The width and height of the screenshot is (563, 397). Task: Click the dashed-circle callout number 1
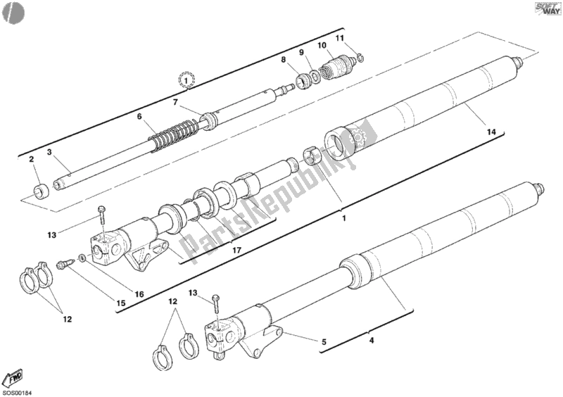pos(186,80)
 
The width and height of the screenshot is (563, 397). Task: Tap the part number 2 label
pos(31,159)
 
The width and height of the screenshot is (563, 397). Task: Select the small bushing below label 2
pos(41,191)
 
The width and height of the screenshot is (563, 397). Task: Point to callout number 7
pos(175,102)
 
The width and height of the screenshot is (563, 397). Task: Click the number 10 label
pos(322,45)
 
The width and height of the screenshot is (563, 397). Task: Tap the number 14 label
pos(491,132)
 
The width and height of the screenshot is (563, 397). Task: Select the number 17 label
pos(236,250)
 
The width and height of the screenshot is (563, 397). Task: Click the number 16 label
pos(139,295)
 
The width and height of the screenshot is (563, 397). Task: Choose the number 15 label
pos(121,303)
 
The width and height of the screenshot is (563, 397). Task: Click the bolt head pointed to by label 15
pos(61,265)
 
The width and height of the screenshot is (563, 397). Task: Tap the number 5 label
pos(324,342)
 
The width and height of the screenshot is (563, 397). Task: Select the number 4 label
pos(372,340)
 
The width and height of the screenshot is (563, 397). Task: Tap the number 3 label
pos(49,152)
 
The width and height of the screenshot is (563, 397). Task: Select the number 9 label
pos(302,53)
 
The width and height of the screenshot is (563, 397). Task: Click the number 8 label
pos(284,60)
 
